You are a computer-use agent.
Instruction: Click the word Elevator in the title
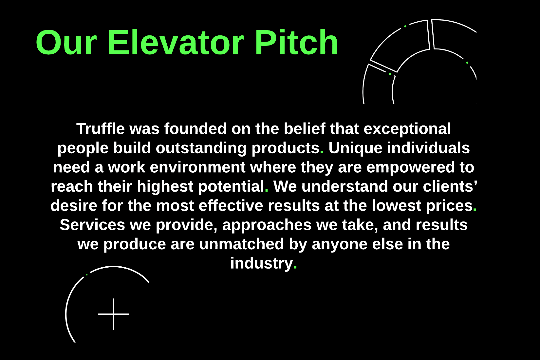click(176, 43)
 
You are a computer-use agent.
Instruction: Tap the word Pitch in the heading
click(296, 43)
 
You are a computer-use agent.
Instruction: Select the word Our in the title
click(66, 43)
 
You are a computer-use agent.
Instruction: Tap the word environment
click(197, 167)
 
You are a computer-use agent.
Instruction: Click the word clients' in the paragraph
click(450, 186)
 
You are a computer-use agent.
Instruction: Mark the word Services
click(92, 225)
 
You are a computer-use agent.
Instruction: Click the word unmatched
click(242, 244)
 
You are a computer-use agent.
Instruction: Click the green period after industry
click(295, 268)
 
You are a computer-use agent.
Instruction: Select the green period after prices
click(475, 210)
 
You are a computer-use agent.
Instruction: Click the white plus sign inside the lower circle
click(114, 314)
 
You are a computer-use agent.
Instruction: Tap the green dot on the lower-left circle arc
click(87, 275)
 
